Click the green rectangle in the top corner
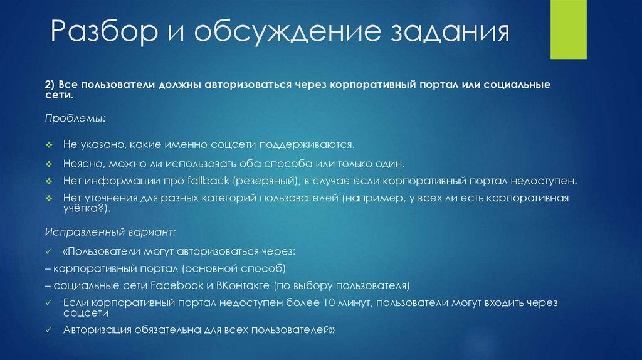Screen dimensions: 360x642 click(567, 29)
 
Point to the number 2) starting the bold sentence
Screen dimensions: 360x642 click(51, 84)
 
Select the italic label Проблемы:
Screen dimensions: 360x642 click(75, 118)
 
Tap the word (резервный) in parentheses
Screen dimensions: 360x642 click(265, 181)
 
